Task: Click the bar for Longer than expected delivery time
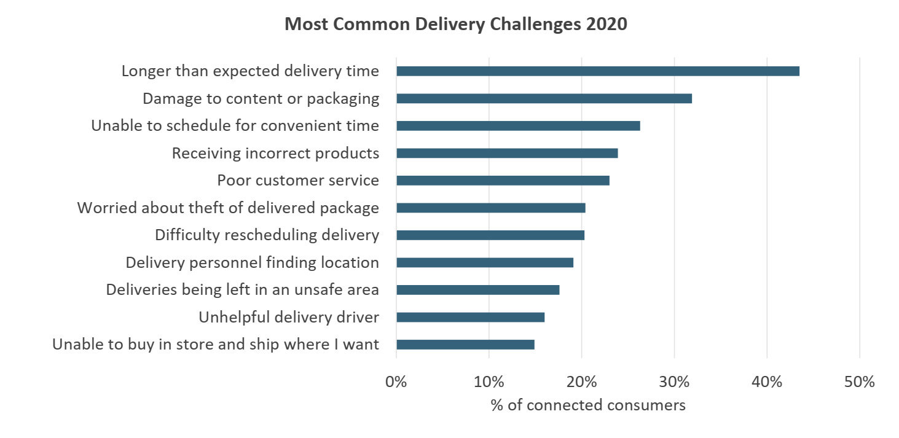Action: click(597, 71)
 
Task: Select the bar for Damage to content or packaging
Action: click(544, 98)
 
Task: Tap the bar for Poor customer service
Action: click(503, 181)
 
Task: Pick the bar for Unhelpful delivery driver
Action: click(470, 317)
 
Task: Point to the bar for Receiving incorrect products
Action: click(507, 153)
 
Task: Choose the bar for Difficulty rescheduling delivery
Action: click(490, 235)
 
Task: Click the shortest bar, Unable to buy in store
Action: click(465, 345)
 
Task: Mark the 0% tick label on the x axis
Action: click(396, 382)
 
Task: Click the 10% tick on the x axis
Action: click(489, 382)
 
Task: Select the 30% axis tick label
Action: click(674, 382)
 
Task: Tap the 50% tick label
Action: click(859, 382)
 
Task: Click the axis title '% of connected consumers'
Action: click(588, 405)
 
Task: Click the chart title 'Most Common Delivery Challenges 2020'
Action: click(456, 25)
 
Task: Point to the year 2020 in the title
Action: click(606, 25)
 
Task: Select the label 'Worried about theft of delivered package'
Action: click(228, 208)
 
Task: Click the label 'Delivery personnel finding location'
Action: click(252, 262)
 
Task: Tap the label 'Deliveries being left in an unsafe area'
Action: click(242, 289)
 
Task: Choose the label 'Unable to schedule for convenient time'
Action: click(235, 126)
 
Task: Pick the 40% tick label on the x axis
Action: click(767, 382)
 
